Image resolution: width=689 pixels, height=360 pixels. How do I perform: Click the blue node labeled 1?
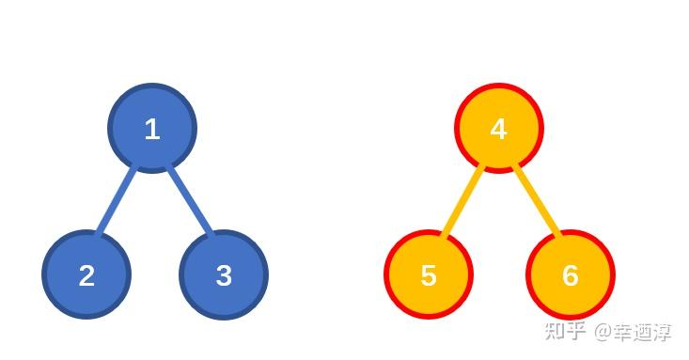pyautogui.click(x=152, y=129)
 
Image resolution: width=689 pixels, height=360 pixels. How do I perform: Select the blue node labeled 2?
pyautogui.click(x=86, y=274)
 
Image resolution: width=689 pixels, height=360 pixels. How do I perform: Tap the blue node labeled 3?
pyautogui.click(x=224, y=274)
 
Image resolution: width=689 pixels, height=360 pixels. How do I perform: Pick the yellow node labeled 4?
pyautogui.click(x=498, y=129)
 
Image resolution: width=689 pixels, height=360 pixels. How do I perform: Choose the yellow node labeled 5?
pyautogui.click(x=429, y=274)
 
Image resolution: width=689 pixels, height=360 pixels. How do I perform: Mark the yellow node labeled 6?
pyautogui.click(x=570, y=274)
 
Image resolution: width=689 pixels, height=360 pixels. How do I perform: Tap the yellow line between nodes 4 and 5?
pyautogui.click(x=462, y=201)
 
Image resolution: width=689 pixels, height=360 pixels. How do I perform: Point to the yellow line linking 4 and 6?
pyautogui.click(x=537, y=201)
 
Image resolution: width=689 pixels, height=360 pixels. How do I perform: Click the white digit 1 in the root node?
pyautogui.click(x=152, y=130)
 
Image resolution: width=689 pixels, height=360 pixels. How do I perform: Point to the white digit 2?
pyautogui.click(x=86, y=275)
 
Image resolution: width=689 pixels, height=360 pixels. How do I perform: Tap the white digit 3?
pyautogui.click(x=224, y=275)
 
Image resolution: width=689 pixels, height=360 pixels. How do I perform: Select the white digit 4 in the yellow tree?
pyautogui.click(x=498, y=130)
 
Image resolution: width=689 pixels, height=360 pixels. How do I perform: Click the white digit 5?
pyautogui.click(x=429, y=275)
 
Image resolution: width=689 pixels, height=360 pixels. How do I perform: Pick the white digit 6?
pyautogui.click(x=570, y=275)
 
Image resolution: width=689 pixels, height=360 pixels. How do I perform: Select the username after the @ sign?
pyautogui.click(x=643, y=332)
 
